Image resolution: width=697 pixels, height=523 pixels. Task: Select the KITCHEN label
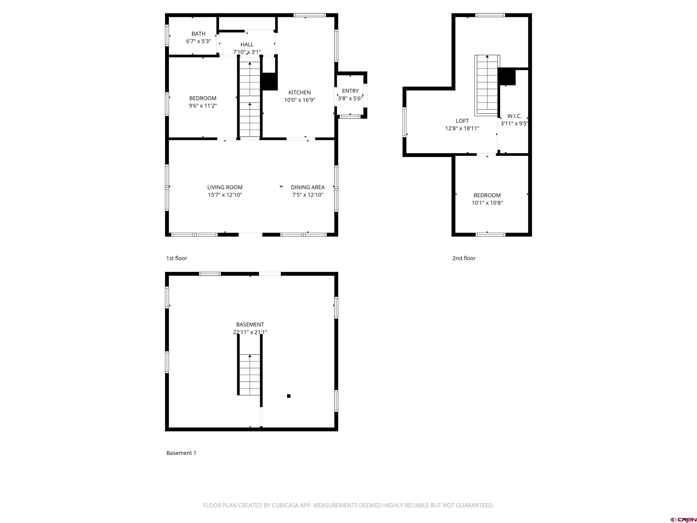tap(299, 92)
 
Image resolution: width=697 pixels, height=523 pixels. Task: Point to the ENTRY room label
tap(350, 91)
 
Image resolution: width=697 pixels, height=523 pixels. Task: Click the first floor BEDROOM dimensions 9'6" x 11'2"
tap(203, 106)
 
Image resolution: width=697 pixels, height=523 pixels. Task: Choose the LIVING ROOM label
tap(225, 187)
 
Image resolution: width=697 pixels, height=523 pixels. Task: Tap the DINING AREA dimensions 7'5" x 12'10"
tap(307, 195)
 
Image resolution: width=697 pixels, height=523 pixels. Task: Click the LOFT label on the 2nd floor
tap(462, 121)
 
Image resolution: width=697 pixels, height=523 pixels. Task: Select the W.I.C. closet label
tap(514, 116)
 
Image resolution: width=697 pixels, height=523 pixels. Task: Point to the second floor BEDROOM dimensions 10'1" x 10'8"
tap(487, 203)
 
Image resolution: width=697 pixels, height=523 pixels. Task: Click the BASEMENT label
tap(250, 324)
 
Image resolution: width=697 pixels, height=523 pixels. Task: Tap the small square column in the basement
tap(288, 396)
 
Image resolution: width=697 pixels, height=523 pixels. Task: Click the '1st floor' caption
tap(177, 258)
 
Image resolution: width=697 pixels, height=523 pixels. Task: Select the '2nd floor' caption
tap(464, 258)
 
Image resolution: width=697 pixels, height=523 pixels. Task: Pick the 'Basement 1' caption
tap(181, 453)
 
